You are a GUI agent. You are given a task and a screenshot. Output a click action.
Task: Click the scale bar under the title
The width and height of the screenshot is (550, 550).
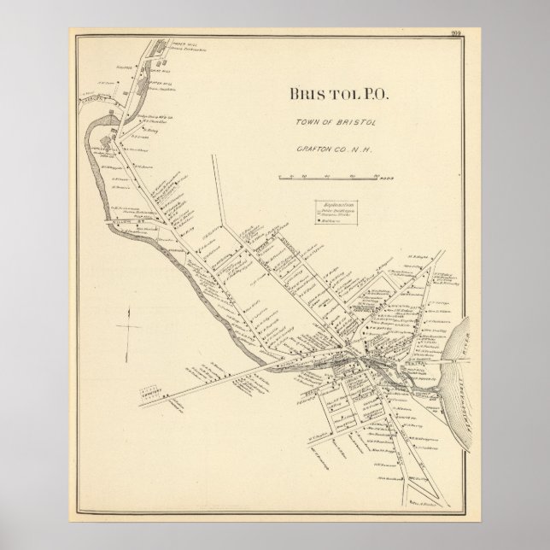click(x=328, y=177)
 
